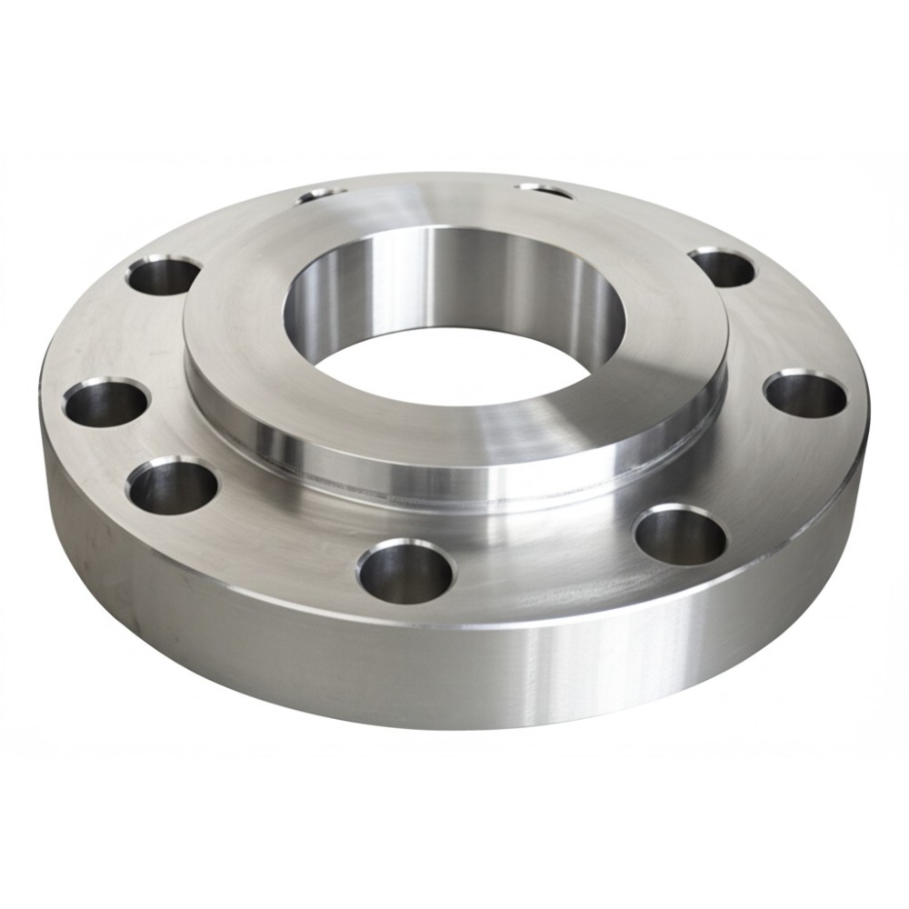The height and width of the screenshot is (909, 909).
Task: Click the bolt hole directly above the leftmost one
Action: pos(165,275)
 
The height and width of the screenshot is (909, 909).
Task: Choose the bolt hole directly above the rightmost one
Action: pos(722,266)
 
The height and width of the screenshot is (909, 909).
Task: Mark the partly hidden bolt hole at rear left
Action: pos(323,193)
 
